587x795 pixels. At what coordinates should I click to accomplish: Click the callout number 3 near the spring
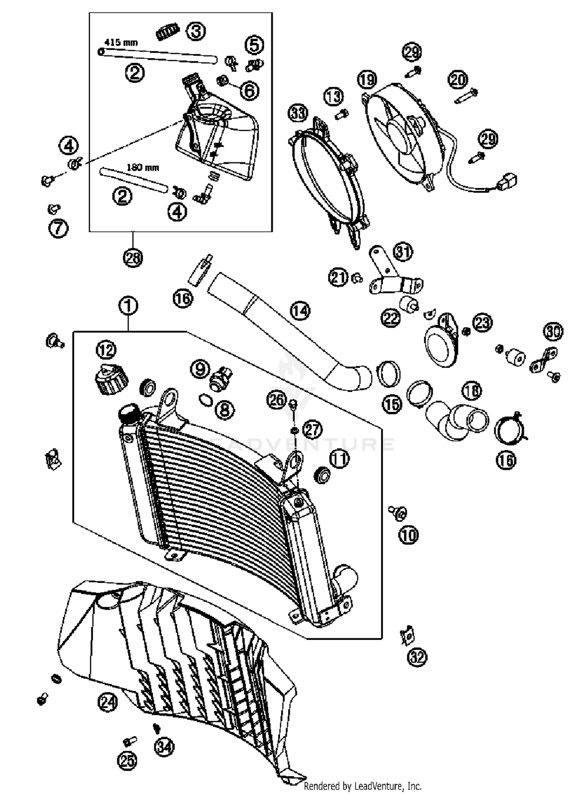[196, 31]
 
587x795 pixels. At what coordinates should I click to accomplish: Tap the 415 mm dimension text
[121, 42]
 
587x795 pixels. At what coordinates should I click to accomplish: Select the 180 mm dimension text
[142, 168]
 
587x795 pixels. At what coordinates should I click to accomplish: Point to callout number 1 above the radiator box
[128, 306]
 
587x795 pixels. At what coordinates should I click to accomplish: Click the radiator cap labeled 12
[111, 380]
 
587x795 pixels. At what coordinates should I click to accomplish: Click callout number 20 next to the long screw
[458, 80]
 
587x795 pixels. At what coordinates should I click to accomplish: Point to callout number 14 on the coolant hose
[300, 311]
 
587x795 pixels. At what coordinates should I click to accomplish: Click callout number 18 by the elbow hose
[472, 390]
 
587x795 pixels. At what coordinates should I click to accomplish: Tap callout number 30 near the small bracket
[553, 331]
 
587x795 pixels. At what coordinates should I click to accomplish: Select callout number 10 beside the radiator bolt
[408, 535]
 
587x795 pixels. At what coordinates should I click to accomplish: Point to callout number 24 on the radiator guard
[108, 702]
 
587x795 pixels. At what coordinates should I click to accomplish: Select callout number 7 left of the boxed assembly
[58, 228]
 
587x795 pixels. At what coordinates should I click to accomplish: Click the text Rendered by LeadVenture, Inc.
[362, 786]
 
